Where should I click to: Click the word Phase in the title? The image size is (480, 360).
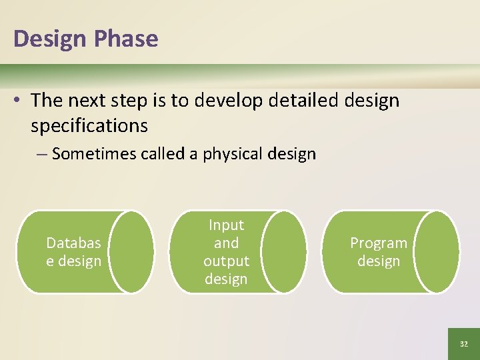coord(125,39)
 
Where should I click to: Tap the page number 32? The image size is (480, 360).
coord(464,344)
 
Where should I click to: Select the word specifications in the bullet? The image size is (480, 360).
coord(89,125)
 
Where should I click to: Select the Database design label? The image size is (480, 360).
coord(73,252)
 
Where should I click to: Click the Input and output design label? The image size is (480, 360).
coord(226,252)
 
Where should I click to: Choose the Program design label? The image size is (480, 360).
coord(379,252)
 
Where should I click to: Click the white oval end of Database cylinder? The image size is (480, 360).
coord(131,252)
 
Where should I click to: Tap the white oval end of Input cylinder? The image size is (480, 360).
coord(283,252)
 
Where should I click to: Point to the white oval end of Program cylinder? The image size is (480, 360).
coord(436,252)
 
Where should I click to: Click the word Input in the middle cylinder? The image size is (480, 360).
coord(226,225)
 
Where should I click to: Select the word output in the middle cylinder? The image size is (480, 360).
coord(226,261)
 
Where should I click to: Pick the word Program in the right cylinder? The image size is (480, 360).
coord(379,243)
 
